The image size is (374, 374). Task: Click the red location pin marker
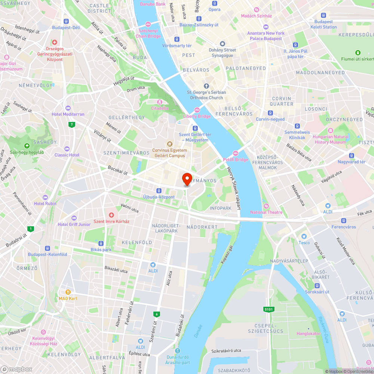coord(187,179)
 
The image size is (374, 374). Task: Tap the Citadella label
coord(159,108)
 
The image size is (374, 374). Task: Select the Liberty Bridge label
coord(197,116)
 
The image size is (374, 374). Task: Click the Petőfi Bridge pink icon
coord(236,153)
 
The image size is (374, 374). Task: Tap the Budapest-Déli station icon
coord(66,21)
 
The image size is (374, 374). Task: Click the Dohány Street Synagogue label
coord(223,53)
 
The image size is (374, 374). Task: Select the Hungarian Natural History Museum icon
coord(330,131)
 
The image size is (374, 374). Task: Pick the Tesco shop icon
coord(304,236)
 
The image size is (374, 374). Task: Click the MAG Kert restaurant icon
coord(68,292)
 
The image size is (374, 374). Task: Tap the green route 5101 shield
coord(269,309)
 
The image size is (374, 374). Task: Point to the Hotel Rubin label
coord(45,203)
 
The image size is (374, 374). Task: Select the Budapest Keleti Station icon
coord(324,16)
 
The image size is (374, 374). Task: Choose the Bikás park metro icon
coord(101,243)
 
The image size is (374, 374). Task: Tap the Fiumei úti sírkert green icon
coord(358,53)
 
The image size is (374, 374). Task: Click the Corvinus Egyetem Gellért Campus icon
coord(170,144)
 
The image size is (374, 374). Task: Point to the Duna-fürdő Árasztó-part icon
coord(178,351)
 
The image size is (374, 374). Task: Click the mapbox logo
coord(16,369)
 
